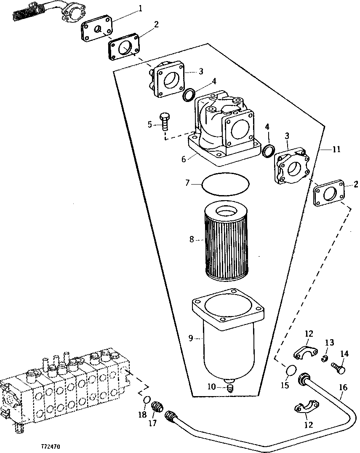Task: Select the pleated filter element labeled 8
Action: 227,242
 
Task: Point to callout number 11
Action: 336,149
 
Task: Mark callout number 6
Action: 184,159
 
